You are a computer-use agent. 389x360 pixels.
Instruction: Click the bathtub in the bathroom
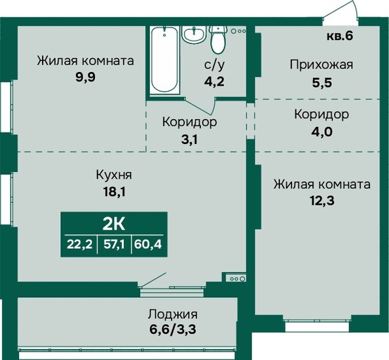pos(164,60)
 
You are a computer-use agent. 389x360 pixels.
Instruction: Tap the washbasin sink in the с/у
pos(194,34)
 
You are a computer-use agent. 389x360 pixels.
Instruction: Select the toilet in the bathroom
pos(218,39)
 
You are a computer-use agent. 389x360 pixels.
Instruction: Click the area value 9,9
pos(85,77)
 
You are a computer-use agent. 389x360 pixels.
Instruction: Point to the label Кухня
pos(114,175)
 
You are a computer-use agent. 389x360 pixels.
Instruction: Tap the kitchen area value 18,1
pos(115,192)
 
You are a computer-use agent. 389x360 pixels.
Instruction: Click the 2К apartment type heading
pos(114,225)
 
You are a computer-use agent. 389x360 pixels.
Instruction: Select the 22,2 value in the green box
pos(80,245)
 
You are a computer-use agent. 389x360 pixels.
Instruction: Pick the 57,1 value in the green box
pos(114,245)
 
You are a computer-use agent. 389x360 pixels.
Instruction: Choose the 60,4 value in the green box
pos(148,245)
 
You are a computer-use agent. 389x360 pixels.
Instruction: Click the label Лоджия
pos(173,314)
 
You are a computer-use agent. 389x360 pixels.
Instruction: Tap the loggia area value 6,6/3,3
pos(173,329)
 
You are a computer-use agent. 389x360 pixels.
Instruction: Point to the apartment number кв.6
pos(340,36)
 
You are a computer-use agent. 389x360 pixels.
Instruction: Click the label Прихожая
pos(322,65)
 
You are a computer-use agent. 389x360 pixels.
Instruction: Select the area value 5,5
pos(322,82)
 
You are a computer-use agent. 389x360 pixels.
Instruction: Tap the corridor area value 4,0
pos(322,132)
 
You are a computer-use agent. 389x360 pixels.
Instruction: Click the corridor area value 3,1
pos(189,140)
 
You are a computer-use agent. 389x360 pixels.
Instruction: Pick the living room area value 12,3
pos(322,201)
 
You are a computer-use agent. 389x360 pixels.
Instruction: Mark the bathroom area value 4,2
pos(214,81)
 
